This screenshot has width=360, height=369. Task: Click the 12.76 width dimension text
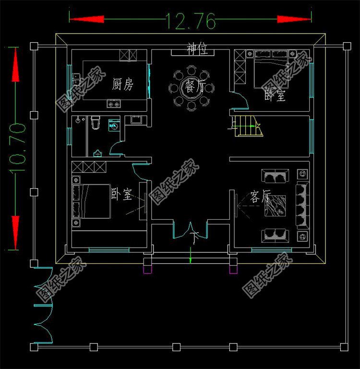click(191, 21)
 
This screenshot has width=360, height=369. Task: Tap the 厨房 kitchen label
click(122, 84)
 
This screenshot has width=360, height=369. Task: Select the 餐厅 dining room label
click(193, 86)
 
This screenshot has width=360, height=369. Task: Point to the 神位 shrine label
click(197, 49)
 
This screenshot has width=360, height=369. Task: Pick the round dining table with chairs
click(191, 88)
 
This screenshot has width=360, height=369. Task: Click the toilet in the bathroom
click(96, 122)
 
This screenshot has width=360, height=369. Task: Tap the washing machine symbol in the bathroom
click(114, 125)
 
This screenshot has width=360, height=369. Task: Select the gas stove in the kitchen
click(113, 103)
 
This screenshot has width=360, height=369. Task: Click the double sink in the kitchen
click(76, 79)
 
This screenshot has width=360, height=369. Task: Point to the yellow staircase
click(249, 126)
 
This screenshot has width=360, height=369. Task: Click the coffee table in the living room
click(275, 205)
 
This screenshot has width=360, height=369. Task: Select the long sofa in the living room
click(302, 205)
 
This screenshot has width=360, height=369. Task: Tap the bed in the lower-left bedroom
click(91, 201)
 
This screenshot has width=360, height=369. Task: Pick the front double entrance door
click(190, 230)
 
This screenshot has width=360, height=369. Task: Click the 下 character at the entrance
click(194, 238)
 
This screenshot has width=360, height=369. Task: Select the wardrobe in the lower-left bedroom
click(89, 167)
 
